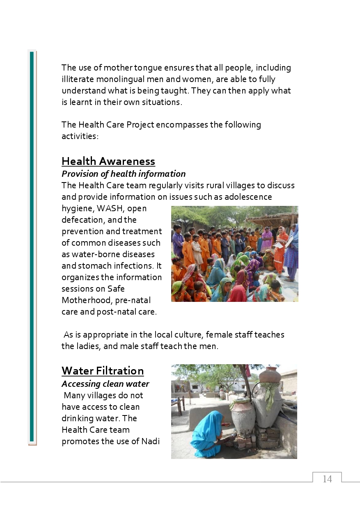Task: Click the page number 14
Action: tap(327, 479)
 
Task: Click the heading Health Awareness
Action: tap(108, 161)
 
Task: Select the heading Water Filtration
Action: tap(103, 371)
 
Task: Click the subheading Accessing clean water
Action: tap(105, 384)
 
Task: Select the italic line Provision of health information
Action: tap(124, 174)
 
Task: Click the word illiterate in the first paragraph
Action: tap(79, 79)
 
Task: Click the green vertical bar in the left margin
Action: tap(32, 246)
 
